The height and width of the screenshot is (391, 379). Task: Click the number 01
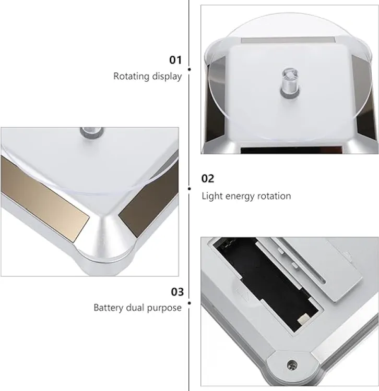[x=175, y=60]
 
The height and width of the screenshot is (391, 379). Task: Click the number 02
[x=208, y=178]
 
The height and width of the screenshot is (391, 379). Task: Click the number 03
[x=177, y=292]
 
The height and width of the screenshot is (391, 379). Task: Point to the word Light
[x=212, y=196]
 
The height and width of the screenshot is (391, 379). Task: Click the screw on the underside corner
[x=292, y=364]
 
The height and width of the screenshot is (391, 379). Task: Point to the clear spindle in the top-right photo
[x=290, y=81]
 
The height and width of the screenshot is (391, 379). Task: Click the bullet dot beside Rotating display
[x=189, y=69]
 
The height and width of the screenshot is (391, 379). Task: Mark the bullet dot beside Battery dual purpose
[x=189, y=303]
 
